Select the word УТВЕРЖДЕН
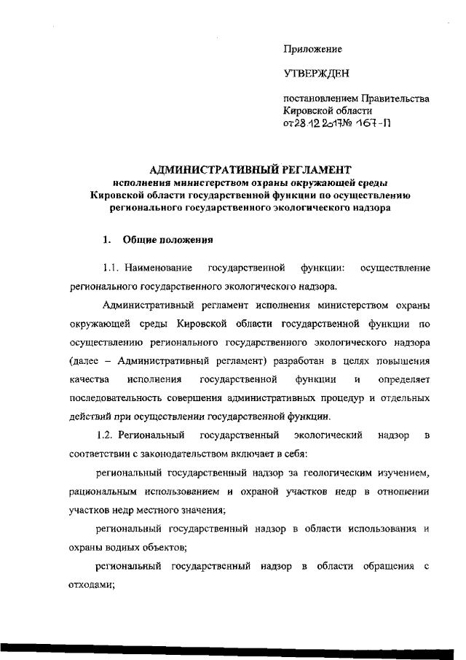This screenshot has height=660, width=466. pyautogui.click(x=317, y=74)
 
